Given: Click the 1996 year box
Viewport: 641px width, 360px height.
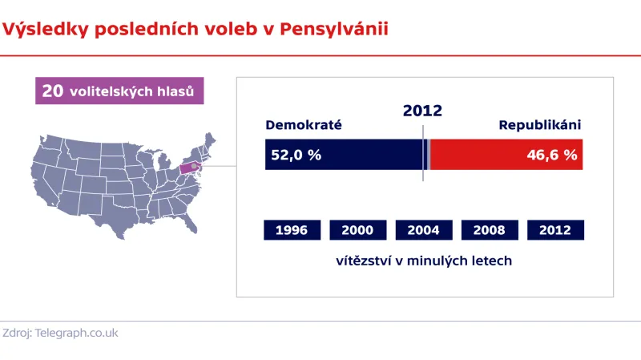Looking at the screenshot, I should [x=292, y=230].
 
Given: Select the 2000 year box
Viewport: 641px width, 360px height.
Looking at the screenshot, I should [x=357, y=230].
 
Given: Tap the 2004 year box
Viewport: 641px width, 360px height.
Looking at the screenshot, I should [x=423, y=230].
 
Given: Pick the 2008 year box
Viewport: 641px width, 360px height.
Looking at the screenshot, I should [x=489, y=230].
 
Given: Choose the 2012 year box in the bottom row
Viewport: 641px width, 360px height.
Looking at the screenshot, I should [x=555, y=230].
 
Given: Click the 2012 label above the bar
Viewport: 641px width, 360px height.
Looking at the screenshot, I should [x=422, y=111].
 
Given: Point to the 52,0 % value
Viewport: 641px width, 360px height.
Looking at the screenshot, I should [x=296, y=155].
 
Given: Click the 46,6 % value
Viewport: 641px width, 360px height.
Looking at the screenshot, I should [x=552, y=155].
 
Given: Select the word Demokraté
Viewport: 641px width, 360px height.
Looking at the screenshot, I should [x=304, y=125].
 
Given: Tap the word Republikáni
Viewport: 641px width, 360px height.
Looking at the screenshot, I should [x=539, y=125].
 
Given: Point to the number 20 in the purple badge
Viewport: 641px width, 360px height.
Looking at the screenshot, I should [x=53, y=91].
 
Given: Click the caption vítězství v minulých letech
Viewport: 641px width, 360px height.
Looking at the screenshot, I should [x=424, y=261].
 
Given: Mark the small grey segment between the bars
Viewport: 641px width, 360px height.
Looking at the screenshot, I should [x=429, y=155].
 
